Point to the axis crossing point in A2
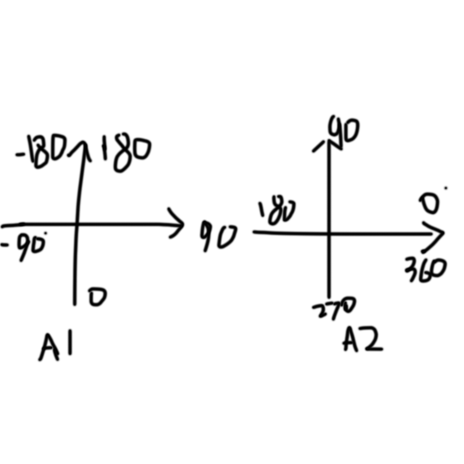329,232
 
